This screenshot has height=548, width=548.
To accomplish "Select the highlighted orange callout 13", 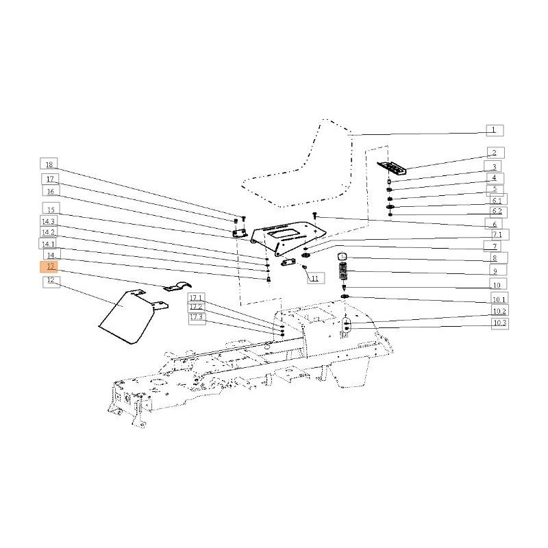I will click(x=51, y=266).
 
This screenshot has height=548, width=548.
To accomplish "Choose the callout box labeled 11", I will click(x=314, y=279).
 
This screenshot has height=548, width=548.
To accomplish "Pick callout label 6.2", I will click(x=496, y=212).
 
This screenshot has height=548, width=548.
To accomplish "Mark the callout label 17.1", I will click(x=197, y=297).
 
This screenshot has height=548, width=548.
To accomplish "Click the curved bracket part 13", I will click(x=174, y=287).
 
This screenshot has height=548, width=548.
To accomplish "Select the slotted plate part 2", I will click(x=393, y=168).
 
